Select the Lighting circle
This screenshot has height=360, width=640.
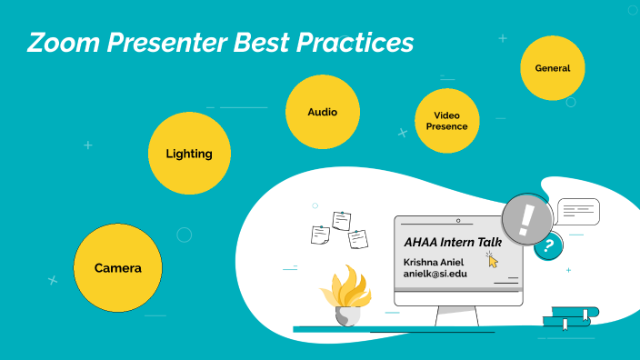click(x=188, y=154)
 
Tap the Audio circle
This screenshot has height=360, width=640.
click(x=323, y=113)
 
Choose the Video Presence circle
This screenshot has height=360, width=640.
click(x=447, y=121)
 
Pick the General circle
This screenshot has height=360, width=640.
click(x=553, y=68)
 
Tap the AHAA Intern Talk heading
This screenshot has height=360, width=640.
click(x=446, y=243)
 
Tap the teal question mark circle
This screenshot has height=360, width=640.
click(x=547, y=245)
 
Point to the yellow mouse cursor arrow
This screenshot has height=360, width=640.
click(x=493, y=261)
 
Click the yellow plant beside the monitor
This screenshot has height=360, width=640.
click(x=345, y=289)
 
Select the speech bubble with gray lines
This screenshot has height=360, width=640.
click(x=578, y=212)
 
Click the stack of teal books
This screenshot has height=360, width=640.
click(x=570, y=317)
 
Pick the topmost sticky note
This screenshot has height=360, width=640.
click(x=342, y=220)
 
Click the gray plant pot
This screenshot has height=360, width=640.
click(x=345, y=315)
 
